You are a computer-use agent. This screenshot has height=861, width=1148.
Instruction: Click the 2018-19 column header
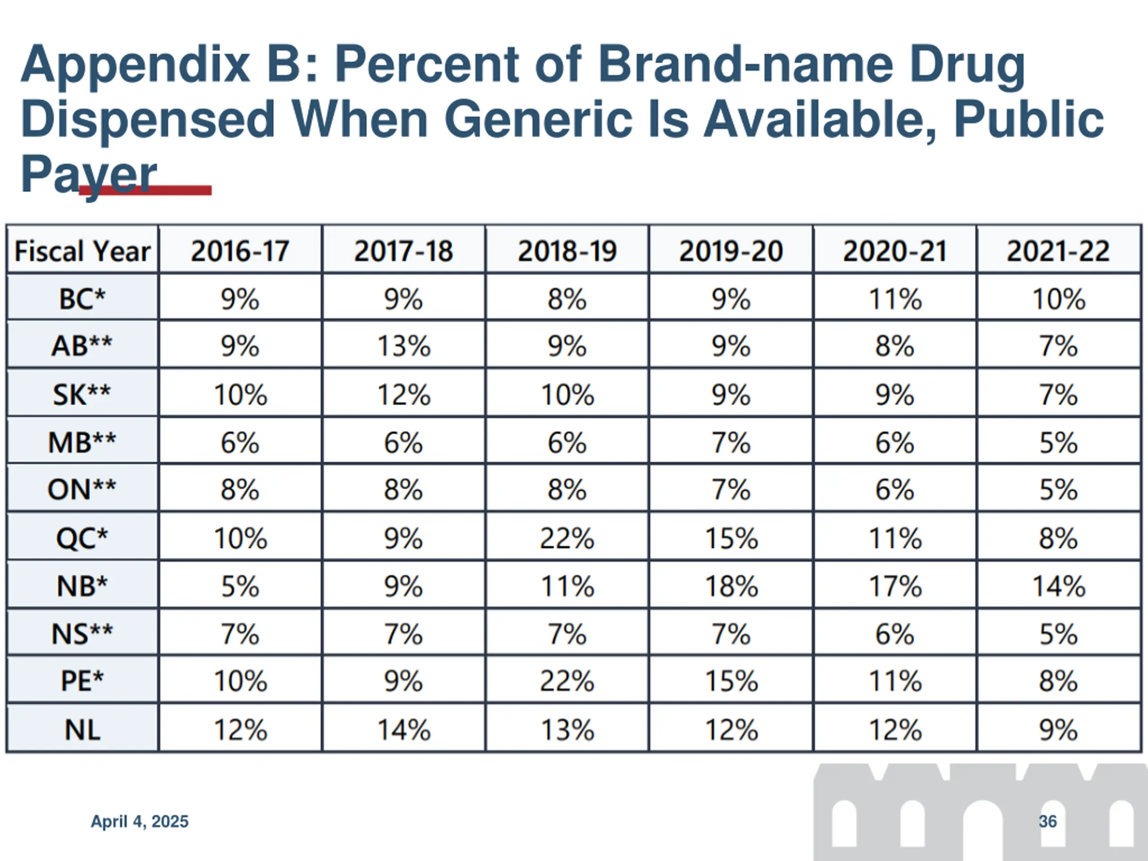[567, 251]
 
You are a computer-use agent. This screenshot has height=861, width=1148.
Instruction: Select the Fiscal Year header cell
[82, 251]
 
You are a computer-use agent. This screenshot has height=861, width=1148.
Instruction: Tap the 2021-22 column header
[1058, 251]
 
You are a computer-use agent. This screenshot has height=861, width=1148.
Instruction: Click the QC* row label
[82, 538]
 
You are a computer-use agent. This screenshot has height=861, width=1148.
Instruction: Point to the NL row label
[82, 730]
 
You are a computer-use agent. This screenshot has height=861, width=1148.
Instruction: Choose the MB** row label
[82, 442]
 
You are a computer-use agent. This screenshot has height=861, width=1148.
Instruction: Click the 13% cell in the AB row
[404, 346]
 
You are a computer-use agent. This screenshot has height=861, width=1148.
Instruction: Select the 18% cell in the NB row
[731, 586]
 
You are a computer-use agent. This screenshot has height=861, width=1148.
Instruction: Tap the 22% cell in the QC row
[567, 538]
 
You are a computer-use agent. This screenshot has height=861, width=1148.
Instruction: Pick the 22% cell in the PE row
[567, 680]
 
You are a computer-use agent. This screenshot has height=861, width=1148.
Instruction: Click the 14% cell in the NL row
[404, 730]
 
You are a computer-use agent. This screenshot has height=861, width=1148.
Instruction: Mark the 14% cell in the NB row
[1058, 586]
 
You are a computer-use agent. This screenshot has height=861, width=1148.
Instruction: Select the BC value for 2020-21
[895, 299]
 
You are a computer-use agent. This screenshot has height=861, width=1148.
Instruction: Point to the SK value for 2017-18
[404, 395]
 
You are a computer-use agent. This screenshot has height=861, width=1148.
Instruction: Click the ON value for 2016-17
[240, 489]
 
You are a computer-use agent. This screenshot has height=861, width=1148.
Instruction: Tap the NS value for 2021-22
[1058, 634]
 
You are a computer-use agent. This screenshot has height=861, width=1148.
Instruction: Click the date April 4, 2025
[139, 822]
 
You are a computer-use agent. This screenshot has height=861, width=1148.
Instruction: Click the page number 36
[1047, 822]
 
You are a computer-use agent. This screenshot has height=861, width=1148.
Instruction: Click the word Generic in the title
[538, 120]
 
